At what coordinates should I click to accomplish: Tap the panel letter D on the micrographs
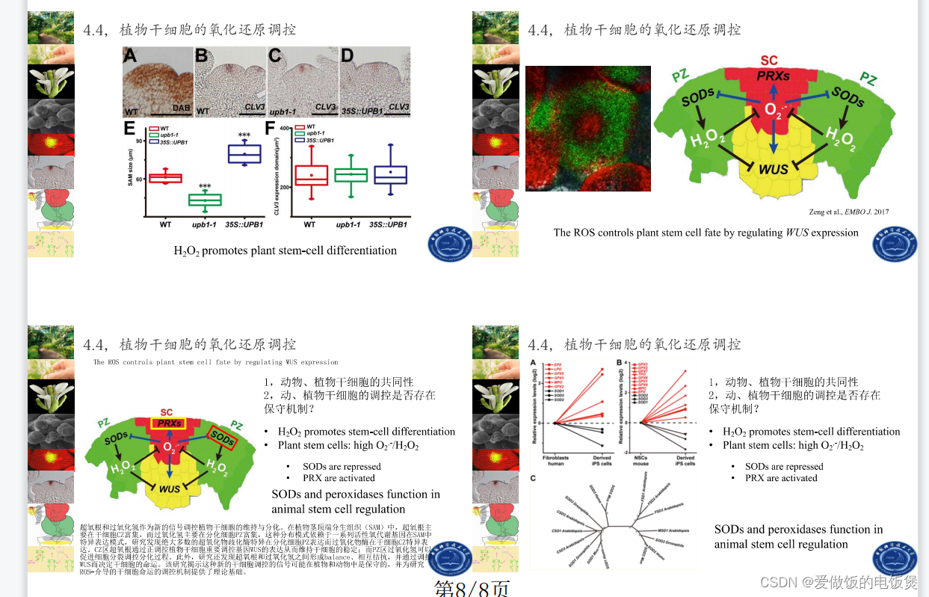point(347,56)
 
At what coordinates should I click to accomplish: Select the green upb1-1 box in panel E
point(205,200)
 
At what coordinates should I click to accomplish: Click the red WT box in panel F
point(311,175)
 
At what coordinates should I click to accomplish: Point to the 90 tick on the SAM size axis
point(139,140)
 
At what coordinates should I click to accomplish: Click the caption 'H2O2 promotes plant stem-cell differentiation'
point(285,251)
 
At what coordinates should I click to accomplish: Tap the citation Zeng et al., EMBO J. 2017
point(849,212)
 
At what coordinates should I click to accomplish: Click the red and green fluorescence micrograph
point(587,128)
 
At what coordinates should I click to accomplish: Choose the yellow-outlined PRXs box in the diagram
point(170,424)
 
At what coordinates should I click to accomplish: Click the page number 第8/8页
point(472,589)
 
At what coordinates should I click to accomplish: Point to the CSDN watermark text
point(838,582)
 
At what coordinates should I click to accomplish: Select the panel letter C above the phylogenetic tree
point(533,478)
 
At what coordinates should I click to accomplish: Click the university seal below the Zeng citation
point(895,245)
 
